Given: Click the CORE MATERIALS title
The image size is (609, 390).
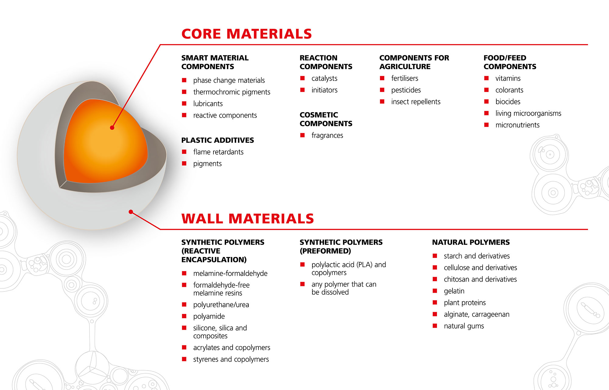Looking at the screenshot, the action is [247, 34].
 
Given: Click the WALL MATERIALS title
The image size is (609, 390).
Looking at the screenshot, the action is [248, 219].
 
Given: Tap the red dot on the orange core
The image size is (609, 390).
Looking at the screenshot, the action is [112, 128].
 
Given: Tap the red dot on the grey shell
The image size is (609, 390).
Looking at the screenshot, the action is [131, 212].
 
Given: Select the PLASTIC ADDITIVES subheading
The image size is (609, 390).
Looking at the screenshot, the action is [217, 140].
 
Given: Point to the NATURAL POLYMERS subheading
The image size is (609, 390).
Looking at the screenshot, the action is [471, 242].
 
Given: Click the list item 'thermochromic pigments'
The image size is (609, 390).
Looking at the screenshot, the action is [232, 92].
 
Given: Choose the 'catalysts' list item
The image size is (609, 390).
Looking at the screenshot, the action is [324, 78].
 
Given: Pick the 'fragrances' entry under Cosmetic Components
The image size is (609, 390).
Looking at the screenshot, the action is [327, 135].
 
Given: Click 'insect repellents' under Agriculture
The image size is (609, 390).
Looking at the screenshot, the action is [416, 102].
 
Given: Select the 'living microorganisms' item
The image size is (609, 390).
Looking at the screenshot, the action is [528, 113].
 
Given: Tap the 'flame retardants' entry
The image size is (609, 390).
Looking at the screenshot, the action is [218, 152].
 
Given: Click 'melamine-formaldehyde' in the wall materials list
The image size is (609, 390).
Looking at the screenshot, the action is [230, 273].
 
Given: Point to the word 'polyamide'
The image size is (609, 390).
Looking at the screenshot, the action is [209, 316].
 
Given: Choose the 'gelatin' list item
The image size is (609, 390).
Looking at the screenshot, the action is [454, 291].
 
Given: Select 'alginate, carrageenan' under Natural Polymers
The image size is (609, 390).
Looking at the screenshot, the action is [477, 315].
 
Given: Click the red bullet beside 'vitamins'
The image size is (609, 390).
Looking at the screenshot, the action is [486, 78].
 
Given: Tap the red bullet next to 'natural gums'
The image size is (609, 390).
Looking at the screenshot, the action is [435, 326].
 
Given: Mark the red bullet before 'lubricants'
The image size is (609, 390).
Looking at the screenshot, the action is [184, 103].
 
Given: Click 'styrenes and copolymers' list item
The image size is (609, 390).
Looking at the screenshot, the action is [231, 360].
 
